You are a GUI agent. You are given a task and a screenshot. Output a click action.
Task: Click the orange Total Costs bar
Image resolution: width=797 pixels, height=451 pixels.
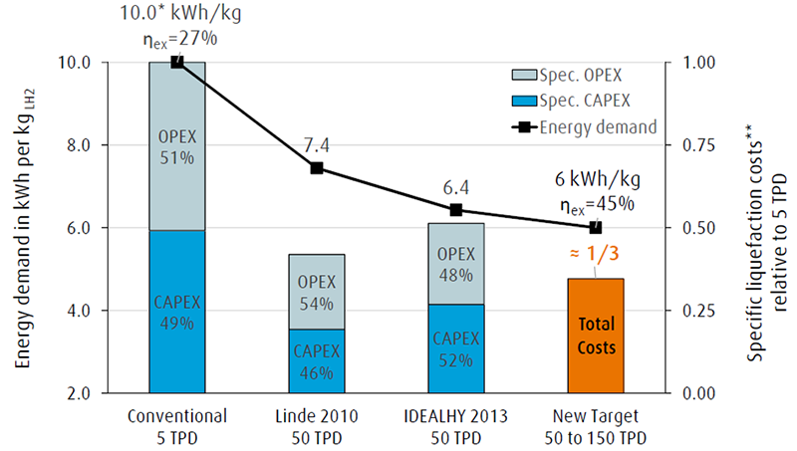click(596, 336)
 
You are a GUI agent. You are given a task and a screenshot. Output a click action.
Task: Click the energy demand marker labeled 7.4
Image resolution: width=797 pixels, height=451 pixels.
click(317, 168)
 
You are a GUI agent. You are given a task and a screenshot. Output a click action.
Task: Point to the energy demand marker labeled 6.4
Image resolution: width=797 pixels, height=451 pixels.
click(456, 210)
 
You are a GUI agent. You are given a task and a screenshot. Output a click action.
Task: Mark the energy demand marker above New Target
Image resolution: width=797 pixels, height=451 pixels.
click(596, 227)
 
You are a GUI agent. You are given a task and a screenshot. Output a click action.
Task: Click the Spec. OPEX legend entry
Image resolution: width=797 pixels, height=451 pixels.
click(582, 76)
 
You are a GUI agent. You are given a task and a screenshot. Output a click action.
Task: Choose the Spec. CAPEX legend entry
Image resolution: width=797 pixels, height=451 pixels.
click(582, 101)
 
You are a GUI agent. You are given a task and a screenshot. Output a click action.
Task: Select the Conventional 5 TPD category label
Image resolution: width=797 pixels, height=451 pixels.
click(177, 423)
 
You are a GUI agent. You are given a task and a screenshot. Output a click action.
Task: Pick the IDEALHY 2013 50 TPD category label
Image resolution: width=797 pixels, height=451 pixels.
click(456, 423)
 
